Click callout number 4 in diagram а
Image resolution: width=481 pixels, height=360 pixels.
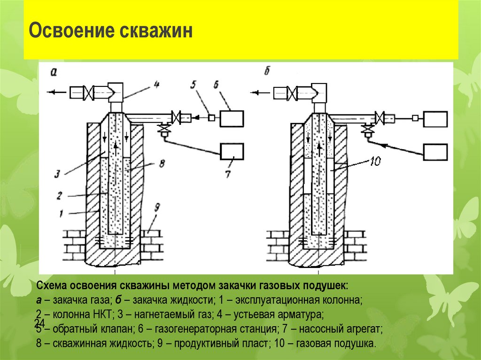(x=156, y=85)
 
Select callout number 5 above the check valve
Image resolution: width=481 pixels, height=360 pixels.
(x=193, y=85)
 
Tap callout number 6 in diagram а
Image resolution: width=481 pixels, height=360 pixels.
(x=216, y=84)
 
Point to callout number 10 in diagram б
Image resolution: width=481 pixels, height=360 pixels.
(x=375, y=162)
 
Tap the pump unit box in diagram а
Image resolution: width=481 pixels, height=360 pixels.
(x=232, y=151)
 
